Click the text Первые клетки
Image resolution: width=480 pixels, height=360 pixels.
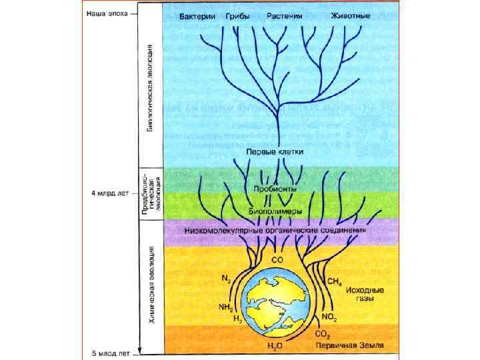(275, 152)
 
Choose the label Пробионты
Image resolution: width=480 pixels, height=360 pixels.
(275, 189)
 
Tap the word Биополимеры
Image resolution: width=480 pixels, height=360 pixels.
(275, 211)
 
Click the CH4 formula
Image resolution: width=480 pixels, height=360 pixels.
(333, 282)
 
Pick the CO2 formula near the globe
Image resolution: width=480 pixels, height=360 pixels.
(323, 333)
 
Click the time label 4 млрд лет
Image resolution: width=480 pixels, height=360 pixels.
(109, 193)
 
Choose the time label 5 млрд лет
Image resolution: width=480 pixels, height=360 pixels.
(109, 352)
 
